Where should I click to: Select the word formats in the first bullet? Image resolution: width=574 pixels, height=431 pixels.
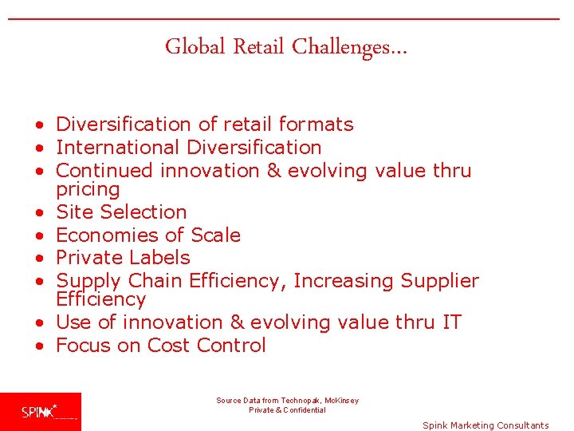point(316,125)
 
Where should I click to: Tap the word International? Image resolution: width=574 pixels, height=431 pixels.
point(118,148)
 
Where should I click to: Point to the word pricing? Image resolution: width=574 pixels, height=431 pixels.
point(88,190)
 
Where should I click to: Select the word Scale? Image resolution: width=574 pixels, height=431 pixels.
point(214,235)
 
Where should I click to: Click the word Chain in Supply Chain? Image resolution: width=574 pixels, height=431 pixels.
point(155,281)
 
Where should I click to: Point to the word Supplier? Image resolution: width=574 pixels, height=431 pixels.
point(440,281)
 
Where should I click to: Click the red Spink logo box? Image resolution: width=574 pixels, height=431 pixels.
point(40,412)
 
